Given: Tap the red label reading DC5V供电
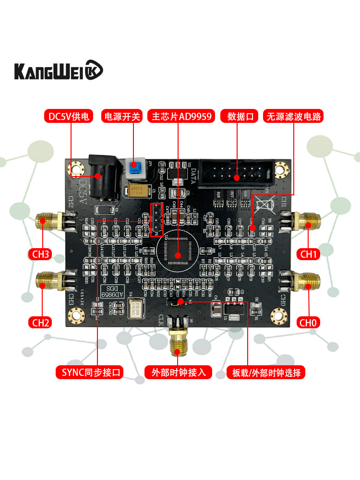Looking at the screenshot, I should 70,117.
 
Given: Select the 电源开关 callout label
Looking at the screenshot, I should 122,117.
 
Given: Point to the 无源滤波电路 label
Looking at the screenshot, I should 294,117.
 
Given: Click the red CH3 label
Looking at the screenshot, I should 41,254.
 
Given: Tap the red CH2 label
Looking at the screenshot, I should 41,322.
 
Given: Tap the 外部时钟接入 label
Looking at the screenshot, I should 178,372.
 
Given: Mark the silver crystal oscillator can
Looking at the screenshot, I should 138,308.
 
